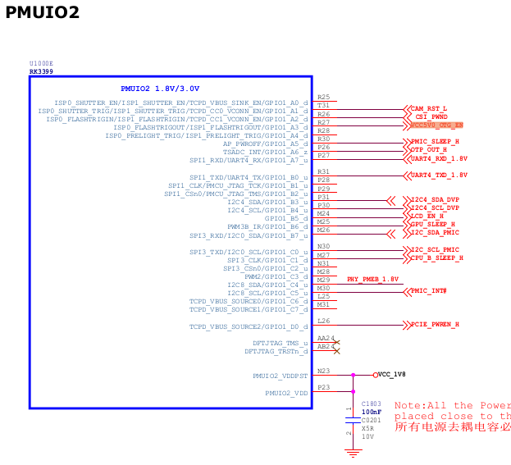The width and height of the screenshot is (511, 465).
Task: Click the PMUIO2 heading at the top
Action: click(x=43, y=12)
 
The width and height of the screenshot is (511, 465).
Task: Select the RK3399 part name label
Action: click(x=41, y=71)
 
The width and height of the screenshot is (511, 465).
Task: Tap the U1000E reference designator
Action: click(x=41, y=63)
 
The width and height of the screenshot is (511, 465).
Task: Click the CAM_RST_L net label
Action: click(x=429, y=108)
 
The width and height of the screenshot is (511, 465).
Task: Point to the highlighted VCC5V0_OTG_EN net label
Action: click(x=437, y=125)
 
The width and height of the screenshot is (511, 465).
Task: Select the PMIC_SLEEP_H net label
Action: click(x=436, y=142)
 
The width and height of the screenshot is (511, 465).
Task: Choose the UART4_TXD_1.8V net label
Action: click(x=439, y=175)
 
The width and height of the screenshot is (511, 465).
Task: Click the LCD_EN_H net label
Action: click(x=428, y=216)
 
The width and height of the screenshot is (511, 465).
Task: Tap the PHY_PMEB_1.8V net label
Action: click(x=373, y=280)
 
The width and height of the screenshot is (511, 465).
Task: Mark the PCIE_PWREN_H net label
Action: click(x=435, y=325)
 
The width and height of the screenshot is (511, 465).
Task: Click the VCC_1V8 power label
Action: click(x=393, y=374)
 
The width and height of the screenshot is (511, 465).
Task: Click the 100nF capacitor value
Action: click(x=371, y=412)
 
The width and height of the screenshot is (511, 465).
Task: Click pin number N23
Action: click(x=323, y=371)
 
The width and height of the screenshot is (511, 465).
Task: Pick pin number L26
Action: click(x=323, y=321)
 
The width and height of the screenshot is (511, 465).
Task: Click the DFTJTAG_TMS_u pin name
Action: click(x=276, y=343)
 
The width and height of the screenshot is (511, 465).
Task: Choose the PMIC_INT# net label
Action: click(x=428, y=291)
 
